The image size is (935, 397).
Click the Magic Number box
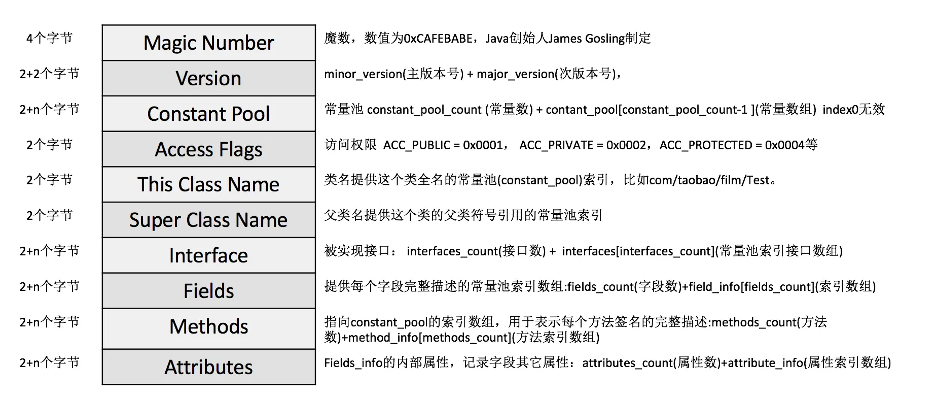208,43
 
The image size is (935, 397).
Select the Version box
208,78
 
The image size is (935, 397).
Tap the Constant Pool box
208,114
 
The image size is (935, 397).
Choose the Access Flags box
208,149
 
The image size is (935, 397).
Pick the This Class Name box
208,184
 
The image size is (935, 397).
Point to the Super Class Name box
208,220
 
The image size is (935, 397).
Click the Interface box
208,255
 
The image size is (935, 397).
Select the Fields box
208,291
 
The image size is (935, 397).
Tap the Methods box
208,326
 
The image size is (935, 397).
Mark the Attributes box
208,367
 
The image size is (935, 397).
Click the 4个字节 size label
49,38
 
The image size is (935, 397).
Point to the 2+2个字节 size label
49,74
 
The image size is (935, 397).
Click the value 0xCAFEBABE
439,39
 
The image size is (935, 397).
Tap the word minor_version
363,74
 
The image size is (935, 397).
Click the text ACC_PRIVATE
556,145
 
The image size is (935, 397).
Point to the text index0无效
853,110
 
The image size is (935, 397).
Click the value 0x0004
784,145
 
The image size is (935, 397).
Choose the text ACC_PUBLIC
416,145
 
